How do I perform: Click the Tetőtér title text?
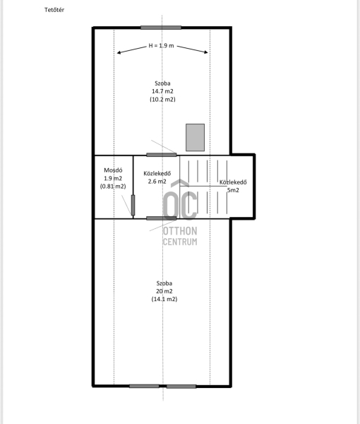click(x=54, y=10)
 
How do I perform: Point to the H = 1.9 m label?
click(x=161, y=45)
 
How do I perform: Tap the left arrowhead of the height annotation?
click(x=119, y=53)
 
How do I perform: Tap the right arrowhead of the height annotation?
click(x=206, y=52)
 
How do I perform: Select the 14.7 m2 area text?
click(x=162, y=91)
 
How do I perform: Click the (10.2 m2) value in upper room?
click(x=162, y=99)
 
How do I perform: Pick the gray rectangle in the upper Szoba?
click(x=195, y=137)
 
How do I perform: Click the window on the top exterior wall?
click(x=161, y=28)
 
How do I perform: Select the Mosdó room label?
click(x=113, y=170)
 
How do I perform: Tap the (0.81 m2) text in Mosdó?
click(x=113, y=187)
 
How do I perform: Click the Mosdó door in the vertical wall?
click(x=133, y=205)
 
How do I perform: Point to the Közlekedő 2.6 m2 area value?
click(x=157, y=182)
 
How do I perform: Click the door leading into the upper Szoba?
click(x=162, y=155)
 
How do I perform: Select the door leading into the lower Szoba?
click(x=162, y=218)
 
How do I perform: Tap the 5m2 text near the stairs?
click(x=233, y=190)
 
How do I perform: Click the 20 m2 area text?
click(x=164, y=291)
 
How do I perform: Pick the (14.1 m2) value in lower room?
click(x=164, y=299)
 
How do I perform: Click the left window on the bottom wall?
click(x=144, y=386)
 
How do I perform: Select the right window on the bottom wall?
click(x=181, y=387)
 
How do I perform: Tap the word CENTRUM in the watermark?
click(x=180, y=242)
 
